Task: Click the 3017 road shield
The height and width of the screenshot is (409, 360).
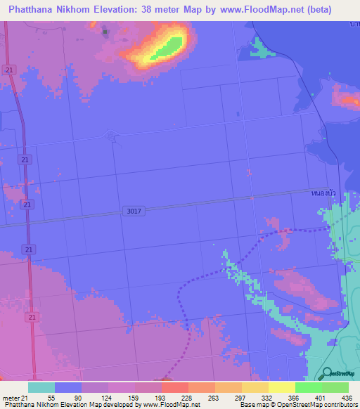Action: [x=134, y=211]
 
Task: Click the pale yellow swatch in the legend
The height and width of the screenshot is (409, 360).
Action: [x=281, y=387]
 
